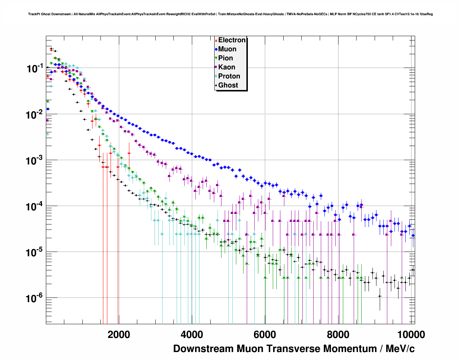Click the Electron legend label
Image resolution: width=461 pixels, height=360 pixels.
232,40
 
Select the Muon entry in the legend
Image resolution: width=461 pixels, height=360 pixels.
227,49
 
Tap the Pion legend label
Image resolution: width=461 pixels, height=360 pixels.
225,58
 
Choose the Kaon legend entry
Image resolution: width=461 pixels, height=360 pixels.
227,67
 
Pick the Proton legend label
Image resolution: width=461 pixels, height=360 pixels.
229,76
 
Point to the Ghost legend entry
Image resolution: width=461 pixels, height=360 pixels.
228,85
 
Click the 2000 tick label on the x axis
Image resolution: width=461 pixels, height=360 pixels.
119,334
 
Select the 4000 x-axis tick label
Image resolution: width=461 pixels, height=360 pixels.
192,334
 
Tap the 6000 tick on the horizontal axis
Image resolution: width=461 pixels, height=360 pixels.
265,334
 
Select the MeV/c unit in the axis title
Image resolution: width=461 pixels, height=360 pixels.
400,349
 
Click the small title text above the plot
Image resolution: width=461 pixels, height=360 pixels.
231,14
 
